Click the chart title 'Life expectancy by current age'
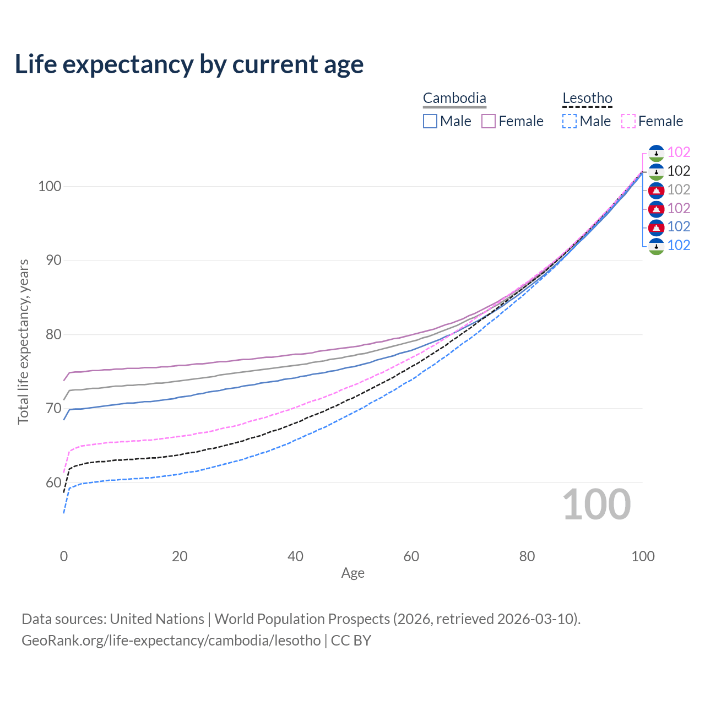pyautogui.click(x=189, y=64)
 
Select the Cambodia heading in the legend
pyautogui.click(x=454, y=99)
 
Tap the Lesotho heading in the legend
pyautogui.click(x=587, y=99)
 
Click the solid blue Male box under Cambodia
pyautogui.click(x=430, y=121)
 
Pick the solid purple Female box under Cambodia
pyautogui.click(x=489, y=121)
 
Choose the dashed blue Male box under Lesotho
pyautogui.click(x=570, y=121)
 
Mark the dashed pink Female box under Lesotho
pyautogui.click(x=628, y=121)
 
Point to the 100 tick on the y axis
pyautogui.click(x=49, y=186)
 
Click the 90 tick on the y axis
pyautogui.click(x=53, y=260)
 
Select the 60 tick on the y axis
pyautogui.click(x=53, y=482)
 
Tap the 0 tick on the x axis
pyautogui.click(x=64, y=556)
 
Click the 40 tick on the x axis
pyautogui.click(x=296, y=556)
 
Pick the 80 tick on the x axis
pyautogui.click(x=527, y=556)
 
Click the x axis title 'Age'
pyautogui.click(x=352, y=573)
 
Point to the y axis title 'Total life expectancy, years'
pyautogui.click(x=23, y=342)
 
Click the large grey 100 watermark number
pyautogui.click(x=596, y=505)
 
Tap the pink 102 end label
pyautogui.click(x=679, y=153)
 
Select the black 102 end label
pyautogui.click(x=679, y=171)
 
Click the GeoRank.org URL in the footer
pyautogui.click(x=171, y=641)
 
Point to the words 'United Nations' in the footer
pyautogui.click(x=157, y=619)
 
